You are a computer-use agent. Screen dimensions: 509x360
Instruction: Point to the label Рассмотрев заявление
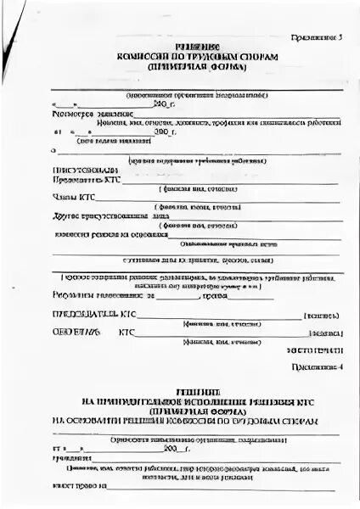pos(82,113)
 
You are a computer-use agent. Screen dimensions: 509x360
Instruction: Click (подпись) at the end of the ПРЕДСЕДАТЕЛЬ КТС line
pos(326,316)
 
